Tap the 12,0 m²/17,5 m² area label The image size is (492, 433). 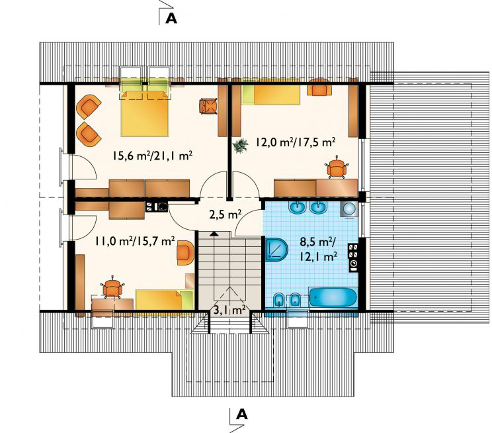295,142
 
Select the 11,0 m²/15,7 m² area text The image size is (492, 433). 135,241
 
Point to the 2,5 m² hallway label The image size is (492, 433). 225,215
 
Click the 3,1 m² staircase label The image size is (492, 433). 229,310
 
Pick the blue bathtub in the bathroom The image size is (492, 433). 333,297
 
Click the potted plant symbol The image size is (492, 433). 240,146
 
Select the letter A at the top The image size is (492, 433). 171,19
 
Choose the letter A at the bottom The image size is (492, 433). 242,414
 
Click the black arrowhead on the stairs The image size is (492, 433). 214,234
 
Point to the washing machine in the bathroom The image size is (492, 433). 349,209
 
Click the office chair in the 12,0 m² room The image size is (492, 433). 337,168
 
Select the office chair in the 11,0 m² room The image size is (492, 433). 112,287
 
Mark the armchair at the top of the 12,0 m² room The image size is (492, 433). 319,87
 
